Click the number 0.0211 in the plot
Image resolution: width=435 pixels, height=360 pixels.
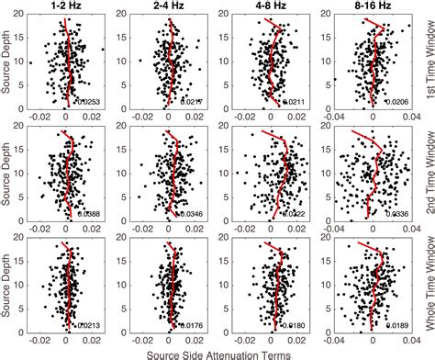[296, 101]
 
